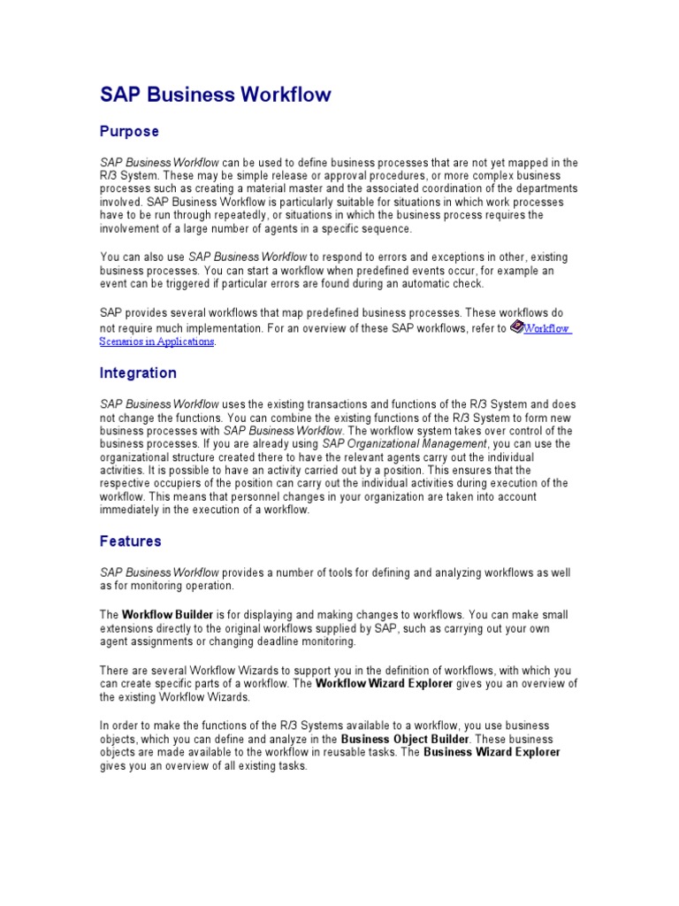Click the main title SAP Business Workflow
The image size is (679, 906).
coord(215,95)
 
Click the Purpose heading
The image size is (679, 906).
coord(129,132)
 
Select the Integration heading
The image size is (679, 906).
coord(138,373)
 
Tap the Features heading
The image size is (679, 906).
coord(130,541)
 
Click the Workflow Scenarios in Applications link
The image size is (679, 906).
coord(547,328)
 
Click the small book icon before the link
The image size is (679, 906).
coord(517,326)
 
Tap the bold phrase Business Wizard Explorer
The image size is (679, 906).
coord(492,753)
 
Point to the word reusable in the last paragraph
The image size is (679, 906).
coord(350,753)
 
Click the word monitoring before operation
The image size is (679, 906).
coord(154,587)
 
